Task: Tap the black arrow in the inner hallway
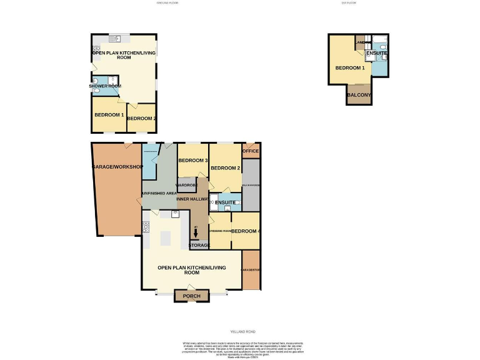click(x=196, y=233)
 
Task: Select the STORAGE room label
click(x=199, y=245)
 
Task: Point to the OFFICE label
click(x=251, y=151)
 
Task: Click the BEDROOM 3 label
click(x=192, y=161)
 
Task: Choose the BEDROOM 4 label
click(x=246, y=231)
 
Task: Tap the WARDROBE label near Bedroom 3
click(x=186, y=186)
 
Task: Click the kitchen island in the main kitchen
click(x=166, y=238)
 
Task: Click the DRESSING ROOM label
click(x=219, y=231)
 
